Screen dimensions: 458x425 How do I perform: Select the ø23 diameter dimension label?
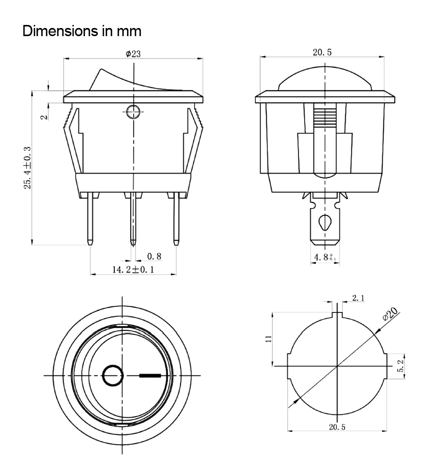click(x=133, y=54)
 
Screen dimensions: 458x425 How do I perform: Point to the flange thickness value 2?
click(x=44, y=116)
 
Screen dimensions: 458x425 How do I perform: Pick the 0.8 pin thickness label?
click(x=154, y=255)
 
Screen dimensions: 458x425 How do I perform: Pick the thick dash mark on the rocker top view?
click(x=151, y=376)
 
